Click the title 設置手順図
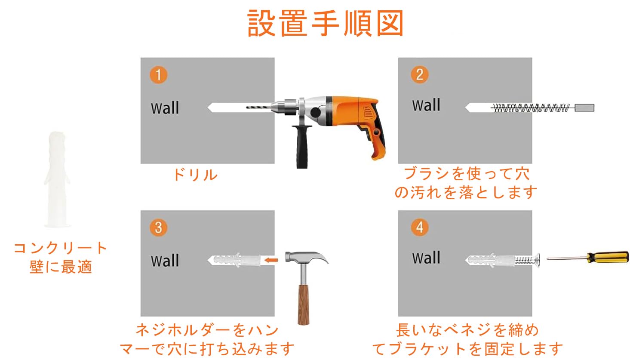[326, 23]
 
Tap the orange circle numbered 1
[158, 75]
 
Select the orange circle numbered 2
[420, 74]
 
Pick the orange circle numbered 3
[158, 228]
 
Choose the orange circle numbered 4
[420, 227]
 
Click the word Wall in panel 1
[165, 108]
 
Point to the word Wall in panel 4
[426, 258]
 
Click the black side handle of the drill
[302, 147]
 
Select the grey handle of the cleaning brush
[584, 108]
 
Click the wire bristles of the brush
[532, 108]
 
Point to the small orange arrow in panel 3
[271, 260]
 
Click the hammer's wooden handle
[304, 305]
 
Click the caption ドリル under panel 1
[196, 175]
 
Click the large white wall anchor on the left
[57, 179]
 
